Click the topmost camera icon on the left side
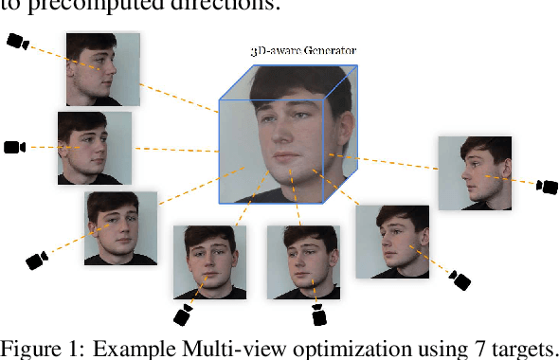[18, 42]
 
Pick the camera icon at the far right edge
[548, 187]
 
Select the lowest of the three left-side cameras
[37, 259]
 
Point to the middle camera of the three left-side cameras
[13, 148]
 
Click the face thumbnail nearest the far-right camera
[474, 172]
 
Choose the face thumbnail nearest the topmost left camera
[102, 68]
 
